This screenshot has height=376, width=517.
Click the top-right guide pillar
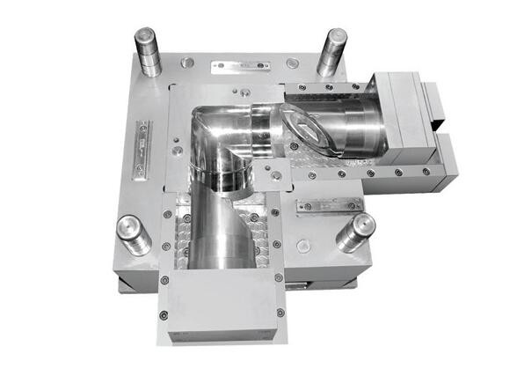click(331, 51)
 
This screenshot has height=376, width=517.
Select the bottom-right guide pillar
click(356, 232)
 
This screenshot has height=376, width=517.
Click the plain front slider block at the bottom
click(221, 304)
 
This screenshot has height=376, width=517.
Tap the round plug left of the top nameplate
click(187, 63)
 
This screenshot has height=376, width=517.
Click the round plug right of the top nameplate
click(291, 63)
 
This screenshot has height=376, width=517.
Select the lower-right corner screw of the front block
click(280, 312)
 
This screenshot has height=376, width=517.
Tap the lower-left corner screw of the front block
click(163, 315)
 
